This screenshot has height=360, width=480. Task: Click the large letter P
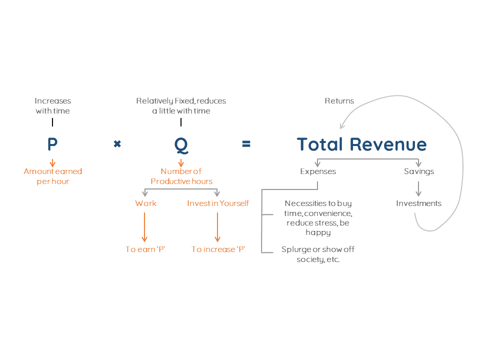(52, 144)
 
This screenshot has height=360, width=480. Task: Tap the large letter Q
(181, 145)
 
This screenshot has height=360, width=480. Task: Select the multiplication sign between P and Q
(117, 144)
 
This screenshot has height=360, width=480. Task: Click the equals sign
(246, 144)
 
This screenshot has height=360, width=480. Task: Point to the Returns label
(339, 101)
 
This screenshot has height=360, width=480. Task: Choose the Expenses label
(318, 171)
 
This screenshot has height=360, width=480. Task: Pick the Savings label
(418, 171)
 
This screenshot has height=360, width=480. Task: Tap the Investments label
(418, 203)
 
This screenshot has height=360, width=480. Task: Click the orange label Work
(145, 203)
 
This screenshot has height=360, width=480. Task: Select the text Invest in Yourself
(217, 203)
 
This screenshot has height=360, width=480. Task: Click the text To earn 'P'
(145, 249)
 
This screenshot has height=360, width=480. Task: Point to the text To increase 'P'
(218, 249)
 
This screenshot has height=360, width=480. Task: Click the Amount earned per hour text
(52, 176)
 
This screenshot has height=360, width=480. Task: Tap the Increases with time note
(52, 106)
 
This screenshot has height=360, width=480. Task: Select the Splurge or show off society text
(318, 254)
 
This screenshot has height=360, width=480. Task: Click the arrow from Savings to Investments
(418, 188)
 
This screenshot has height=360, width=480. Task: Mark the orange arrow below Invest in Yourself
(217, 227)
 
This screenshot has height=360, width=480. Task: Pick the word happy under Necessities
(318, 232)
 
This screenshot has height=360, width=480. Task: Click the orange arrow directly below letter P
(52, 163)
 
